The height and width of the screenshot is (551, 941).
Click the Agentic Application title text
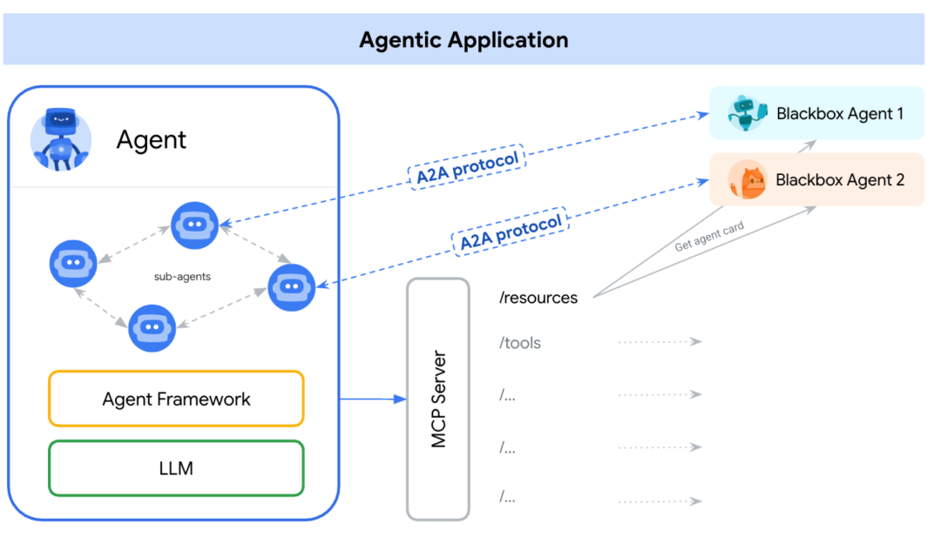pyautogui.click(x=464, y=40)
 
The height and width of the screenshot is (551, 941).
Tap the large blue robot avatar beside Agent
pyautogui.click(x=60, y=139)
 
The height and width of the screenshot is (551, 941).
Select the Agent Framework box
pyautogui.click(x=176, y=400)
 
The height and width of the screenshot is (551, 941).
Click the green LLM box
pyautogui.click(x=176, y=468)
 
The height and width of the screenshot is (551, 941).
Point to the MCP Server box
pyautogui.click(x=438, y=400)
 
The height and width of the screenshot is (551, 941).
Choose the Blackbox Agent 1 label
pyautogui.click(x=839, y=113)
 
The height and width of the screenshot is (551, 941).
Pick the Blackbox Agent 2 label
pyautogui.click(x=839, y=180)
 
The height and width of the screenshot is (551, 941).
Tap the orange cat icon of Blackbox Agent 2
pyautogui.click(x=748, y=180)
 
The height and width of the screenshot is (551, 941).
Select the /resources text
pyautogui.click(x=538, y=298)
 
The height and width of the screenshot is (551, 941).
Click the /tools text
pyautogui.click(x=520, y=343)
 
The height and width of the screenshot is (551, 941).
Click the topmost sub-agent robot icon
pyautogui.click(x=194, y=224)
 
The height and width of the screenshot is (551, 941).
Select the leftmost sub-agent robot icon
pyautogui.click(x=73, y=263)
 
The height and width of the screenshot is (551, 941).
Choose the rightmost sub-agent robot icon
pyautogui.click(x=291, y=287)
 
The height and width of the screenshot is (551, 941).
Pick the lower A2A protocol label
pyautogui.click(x=510, y=231)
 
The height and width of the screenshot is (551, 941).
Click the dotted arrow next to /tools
pyautogui.click(x=660, y=342)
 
